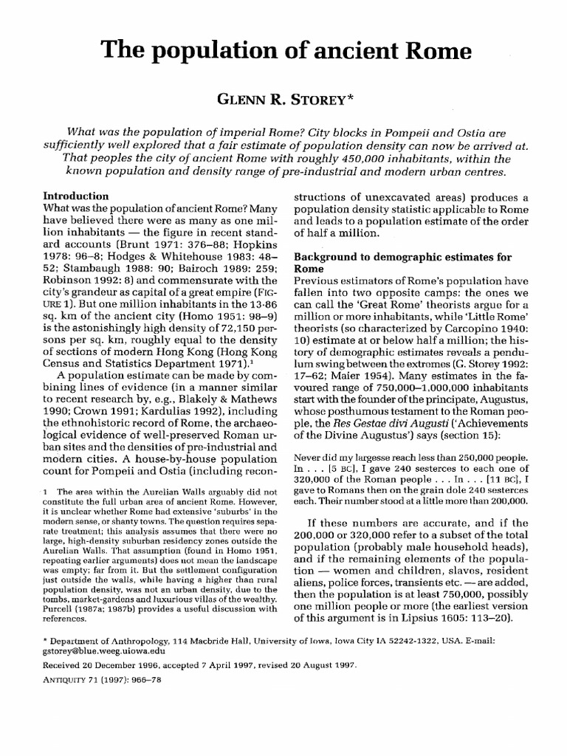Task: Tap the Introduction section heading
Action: point(77,197)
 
